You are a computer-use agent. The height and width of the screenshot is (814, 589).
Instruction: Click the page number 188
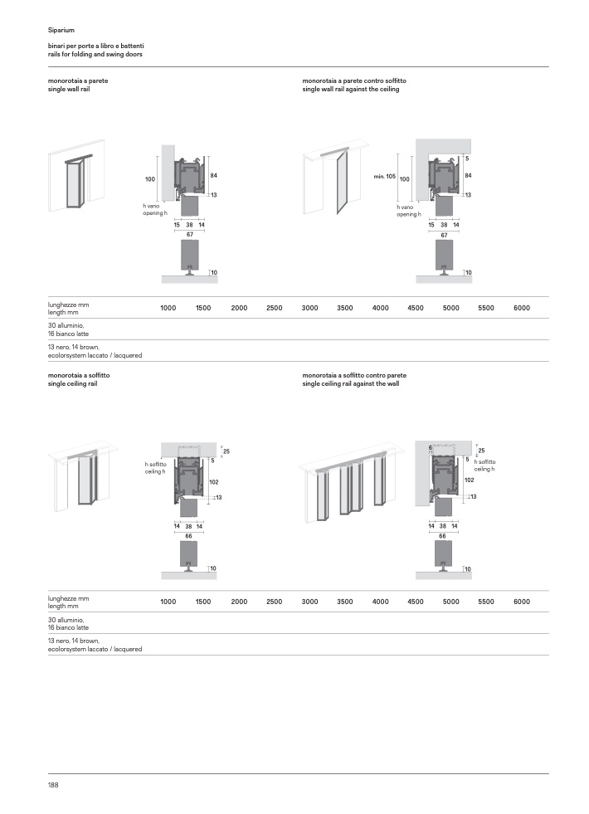[53, 785]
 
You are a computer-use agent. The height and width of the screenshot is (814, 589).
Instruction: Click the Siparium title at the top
[61, 30]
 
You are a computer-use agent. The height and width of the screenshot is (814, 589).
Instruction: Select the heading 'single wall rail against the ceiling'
[351, 90]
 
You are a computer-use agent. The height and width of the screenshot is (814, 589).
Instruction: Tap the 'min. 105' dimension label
[385, 177]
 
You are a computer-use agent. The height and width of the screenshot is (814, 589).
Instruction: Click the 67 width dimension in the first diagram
[190, 235]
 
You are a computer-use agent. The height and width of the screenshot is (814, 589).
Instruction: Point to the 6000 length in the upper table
[522, 308]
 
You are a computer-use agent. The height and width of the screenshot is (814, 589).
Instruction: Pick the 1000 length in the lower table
[168, 602]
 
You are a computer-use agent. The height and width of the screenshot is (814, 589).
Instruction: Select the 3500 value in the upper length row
[344, 308]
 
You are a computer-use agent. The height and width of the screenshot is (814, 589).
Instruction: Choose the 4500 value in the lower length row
[416, 602]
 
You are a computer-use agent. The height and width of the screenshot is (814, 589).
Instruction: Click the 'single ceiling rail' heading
[73, 383]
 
